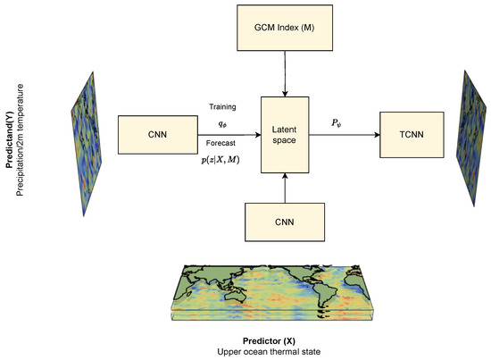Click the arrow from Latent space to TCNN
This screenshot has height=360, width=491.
345,136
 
